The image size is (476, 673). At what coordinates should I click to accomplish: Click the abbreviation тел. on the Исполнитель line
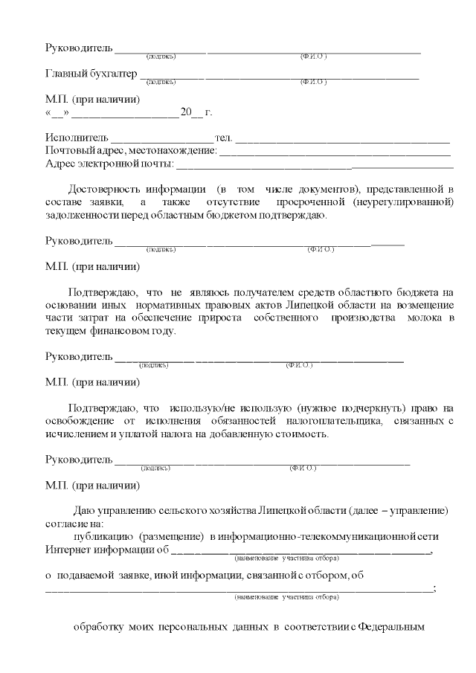223,138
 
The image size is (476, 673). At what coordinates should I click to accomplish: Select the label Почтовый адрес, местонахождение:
131,151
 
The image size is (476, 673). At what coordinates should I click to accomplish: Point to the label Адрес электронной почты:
109,164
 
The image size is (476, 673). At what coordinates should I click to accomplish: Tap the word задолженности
79,215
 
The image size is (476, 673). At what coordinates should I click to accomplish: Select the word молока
425,318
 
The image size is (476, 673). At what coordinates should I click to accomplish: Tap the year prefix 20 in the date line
185,113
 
